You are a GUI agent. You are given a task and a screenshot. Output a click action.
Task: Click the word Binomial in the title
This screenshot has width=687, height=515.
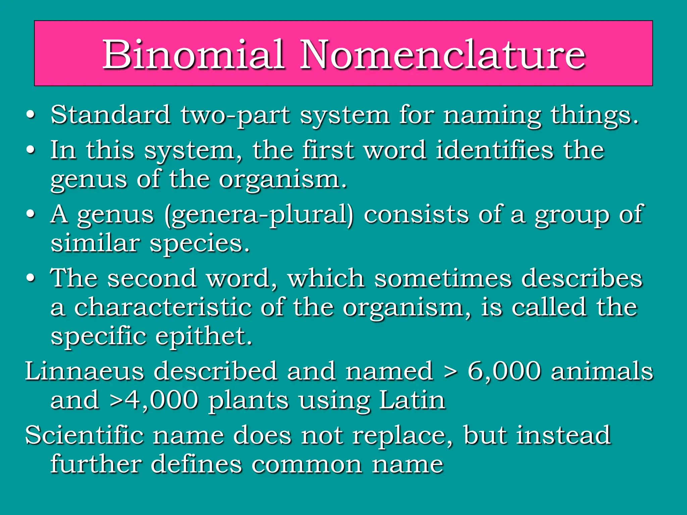coord(194,54)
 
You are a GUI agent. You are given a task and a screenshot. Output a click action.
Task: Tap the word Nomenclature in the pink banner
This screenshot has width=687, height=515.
coord(442,54)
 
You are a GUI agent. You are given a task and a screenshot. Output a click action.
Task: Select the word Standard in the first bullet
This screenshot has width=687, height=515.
coord(110,115)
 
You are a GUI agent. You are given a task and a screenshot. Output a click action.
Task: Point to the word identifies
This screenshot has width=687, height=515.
coord(494,150)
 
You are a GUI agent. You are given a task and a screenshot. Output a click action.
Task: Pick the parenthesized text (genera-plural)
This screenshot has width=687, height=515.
coord(259,215)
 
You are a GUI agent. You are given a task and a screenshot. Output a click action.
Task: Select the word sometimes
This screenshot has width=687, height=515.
coord(443,278)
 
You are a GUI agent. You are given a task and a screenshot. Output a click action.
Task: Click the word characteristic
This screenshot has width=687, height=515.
coord(163,307)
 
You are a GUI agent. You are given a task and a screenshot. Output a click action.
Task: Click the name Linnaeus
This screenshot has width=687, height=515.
coord(85,371)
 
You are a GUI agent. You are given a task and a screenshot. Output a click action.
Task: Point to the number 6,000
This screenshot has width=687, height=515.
coord(504,371)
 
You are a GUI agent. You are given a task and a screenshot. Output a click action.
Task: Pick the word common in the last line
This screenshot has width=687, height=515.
coord(307,464)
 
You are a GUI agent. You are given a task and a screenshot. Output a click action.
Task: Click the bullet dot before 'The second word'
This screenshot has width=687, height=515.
coord(31,278)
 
